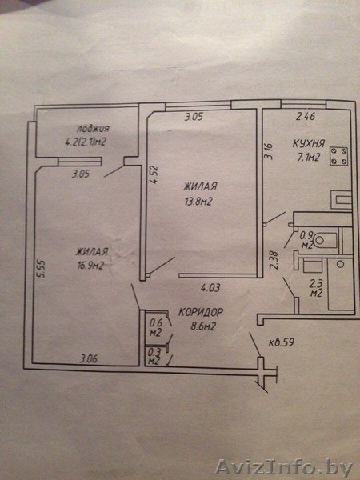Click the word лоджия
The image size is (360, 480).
tap(93, 129)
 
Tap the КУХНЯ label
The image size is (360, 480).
tap(309, 143)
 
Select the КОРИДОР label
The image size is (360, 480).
tap(201, 312)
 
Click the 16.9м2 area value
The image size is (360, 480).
tap(90, 265)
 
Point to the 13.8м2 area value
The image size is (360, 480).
tap(198, 202)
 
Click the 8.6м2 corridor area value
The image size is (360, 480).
tap(203, 326)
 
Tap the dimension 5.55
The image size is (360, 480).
tap(41, 269)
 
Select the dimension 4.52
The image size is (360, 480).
tap(154, 175)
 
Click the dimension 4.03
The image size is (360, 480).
tap(210, 288)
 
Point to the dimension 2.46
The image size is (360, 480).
tap(306, 117)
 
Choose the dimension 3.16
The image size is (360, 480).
tap(269, 151)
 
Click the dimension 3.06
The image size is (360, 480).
tap(89, 358)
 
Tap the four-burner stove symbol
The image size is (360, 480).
tap(339, 156)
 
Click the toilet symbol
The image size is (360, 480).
tap(326, 240)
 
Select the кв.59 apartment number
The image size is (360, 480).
tap(282, 342)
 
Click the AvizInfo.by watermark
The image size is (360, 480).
tap(284, 467)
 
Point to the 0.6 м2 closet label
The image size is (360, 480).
tap(155, 327)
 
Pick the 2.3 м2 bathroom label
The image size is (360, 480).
tap(316, 288)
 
